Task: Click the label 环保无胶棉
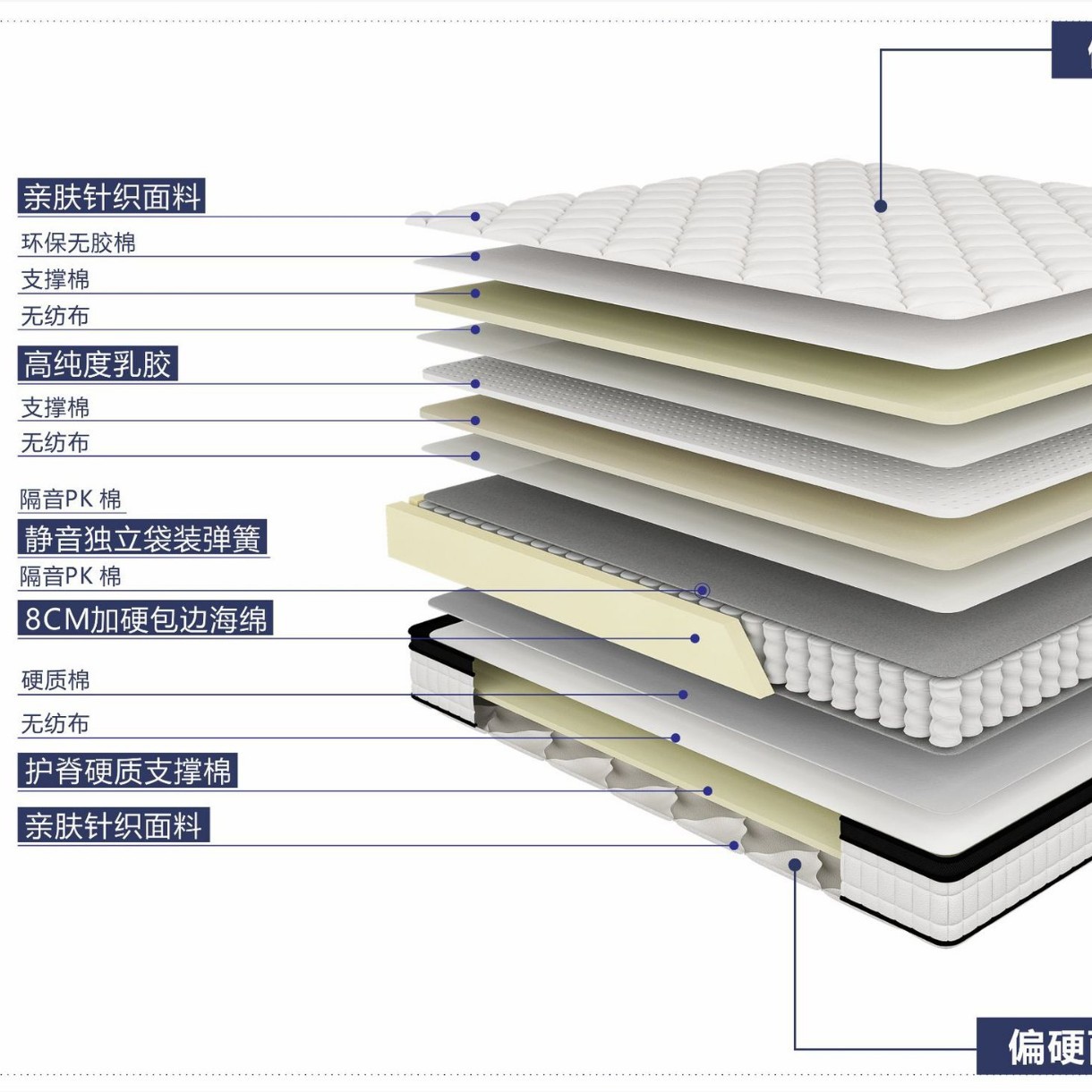click(x=79, y=243)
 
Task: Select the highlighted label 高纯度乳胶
click(x=98, y=364)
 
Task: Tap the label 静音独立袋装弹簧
click(x=142, y=539)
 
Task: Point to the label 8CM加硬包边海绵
click(x=145, y=619)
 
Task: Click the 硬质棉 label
click(x=55, y=680)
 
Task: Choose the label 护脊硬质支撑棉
click(x=127, y=771)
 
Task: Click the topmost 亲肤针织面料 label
click(x=111, y=197)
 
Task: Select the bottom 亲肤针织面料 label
click(x=113, y=825)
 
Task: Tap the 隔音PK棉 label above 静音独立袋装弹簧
click(x=71, y=499)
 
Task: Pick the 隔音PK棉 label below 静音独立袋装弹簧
click(x=71, y=576)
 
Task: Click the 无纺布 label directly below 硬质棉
click(x=55, y=723)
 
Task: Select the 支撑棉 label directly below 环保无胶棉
click(x=55, y=279)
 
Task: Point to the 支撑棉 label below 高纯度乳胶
click(x=55, y=408)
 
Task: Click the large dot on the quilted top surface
click(x=881, y=206)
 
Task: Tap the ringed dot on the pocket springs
click(x=703, y=591)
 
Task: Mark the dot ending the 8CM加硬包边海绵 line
click(x=695, y=638)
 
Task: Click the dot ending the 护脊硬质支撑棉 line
click(x=708, y=791)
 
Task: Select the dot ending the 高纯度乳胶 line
click(x=476, y=384)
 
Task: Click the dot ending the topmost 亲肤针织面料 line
click(x=476, y=217)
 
